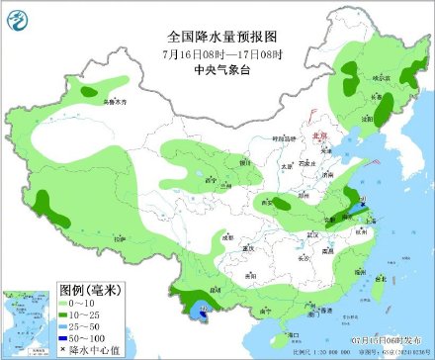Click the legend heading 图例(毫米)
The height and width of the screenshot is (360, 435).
(x=90, y=290)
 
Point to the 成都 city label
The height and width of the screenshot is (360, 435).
(x=229, y=237)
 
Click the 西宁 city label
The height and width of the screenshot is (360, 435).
(x=210, y=180)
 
